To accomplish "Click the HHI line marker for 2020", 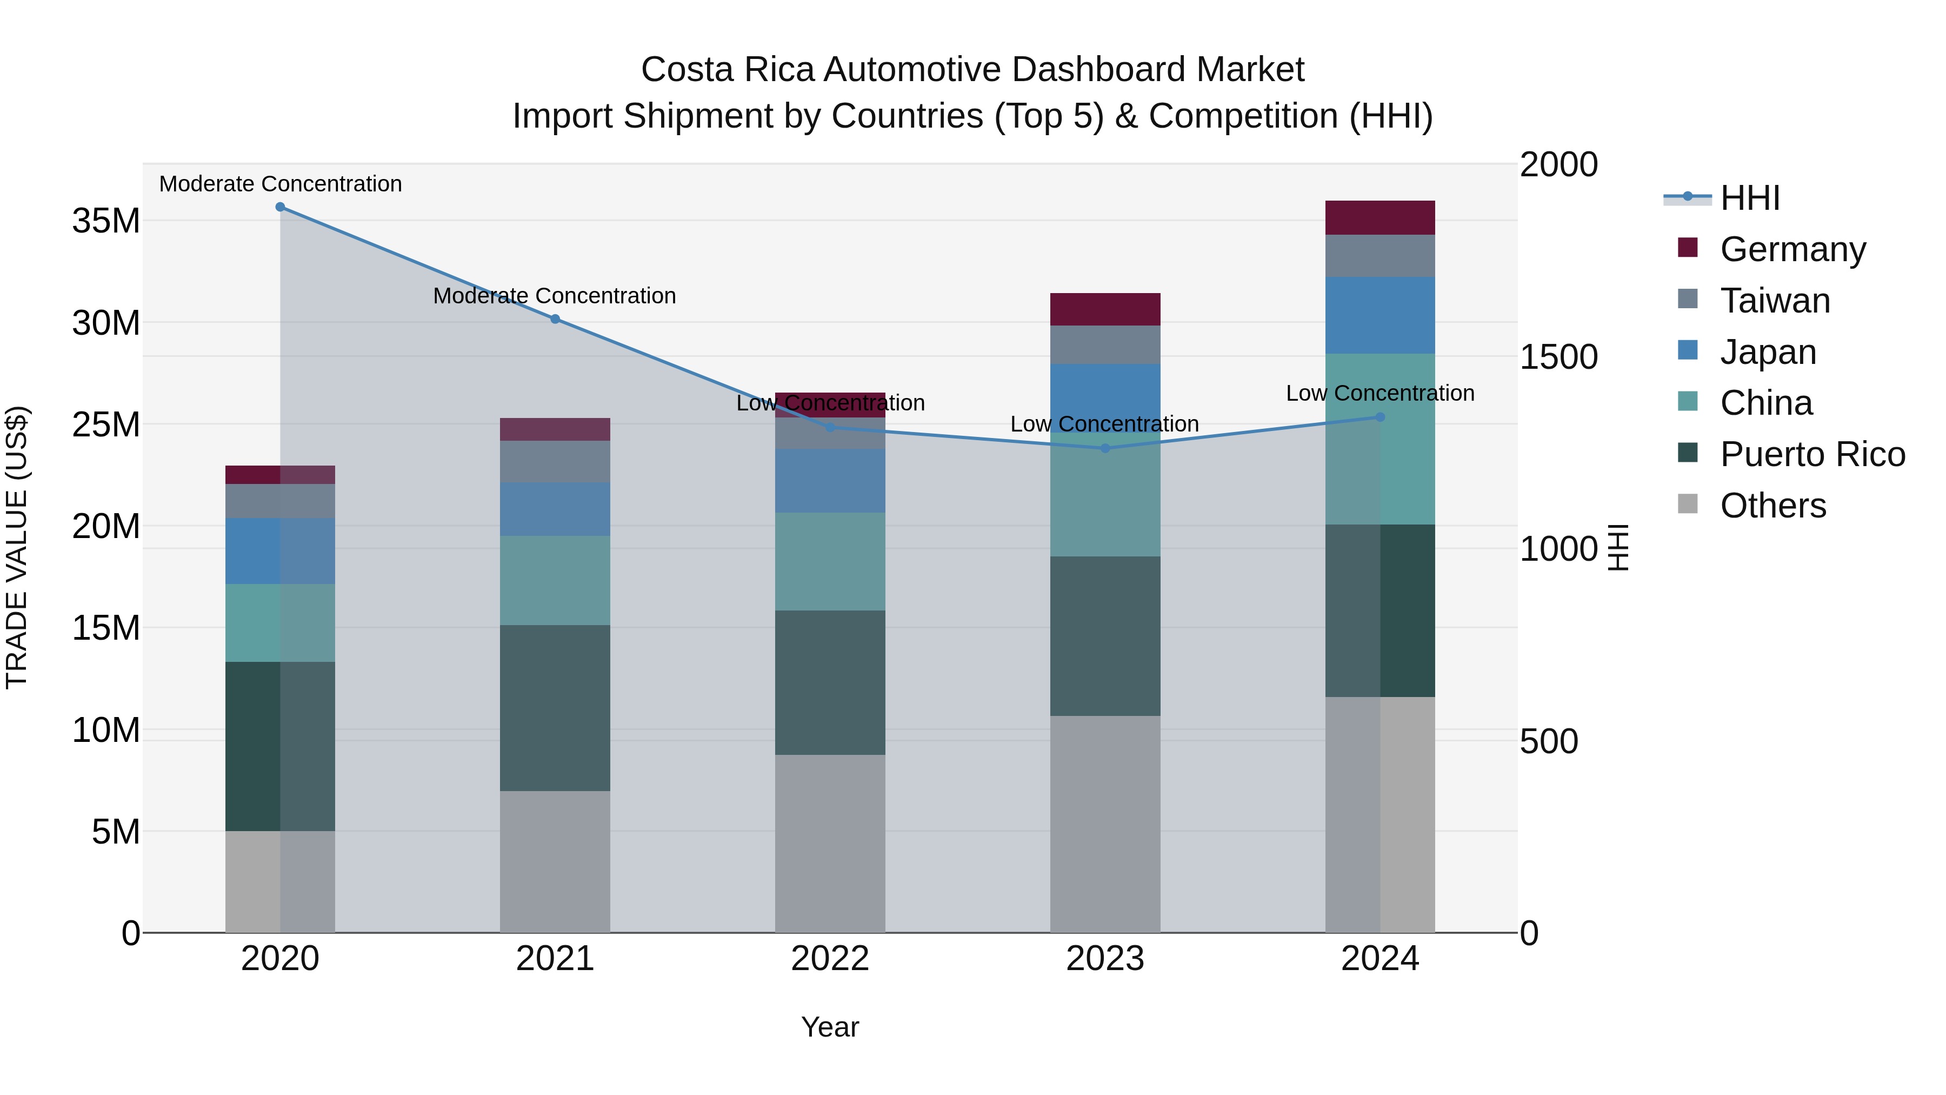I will point(280,207).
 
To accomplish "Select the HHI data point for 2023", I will point(1104,448).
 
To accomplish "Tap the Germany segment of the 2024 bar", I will point(1379,217).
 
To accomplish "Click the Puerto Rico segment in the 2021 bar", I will point(555,708).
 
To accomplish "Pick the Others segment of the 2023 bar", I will point(1104,824).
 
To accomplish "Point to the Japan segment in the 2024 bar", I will point(1379,315).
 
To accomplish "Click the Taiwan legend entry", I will point(1775,301).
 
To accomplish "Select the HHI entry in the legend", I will point(1750,198).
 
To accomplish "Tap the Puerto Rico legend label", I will point(1812,454).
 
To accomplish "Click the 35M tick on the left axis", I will point(106,221).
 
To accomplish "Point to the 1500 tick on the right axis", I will point(1558,357).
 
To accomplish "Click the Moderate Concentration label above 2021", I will point(555,295).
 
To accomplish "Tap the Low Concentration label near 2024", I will point(1379,393).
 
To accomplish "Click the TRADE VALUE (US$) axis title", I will point(17,547).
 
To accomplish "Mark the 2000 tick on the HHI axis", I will point(1558,165).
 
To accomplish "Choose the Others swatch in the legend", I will point(1687,504).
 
